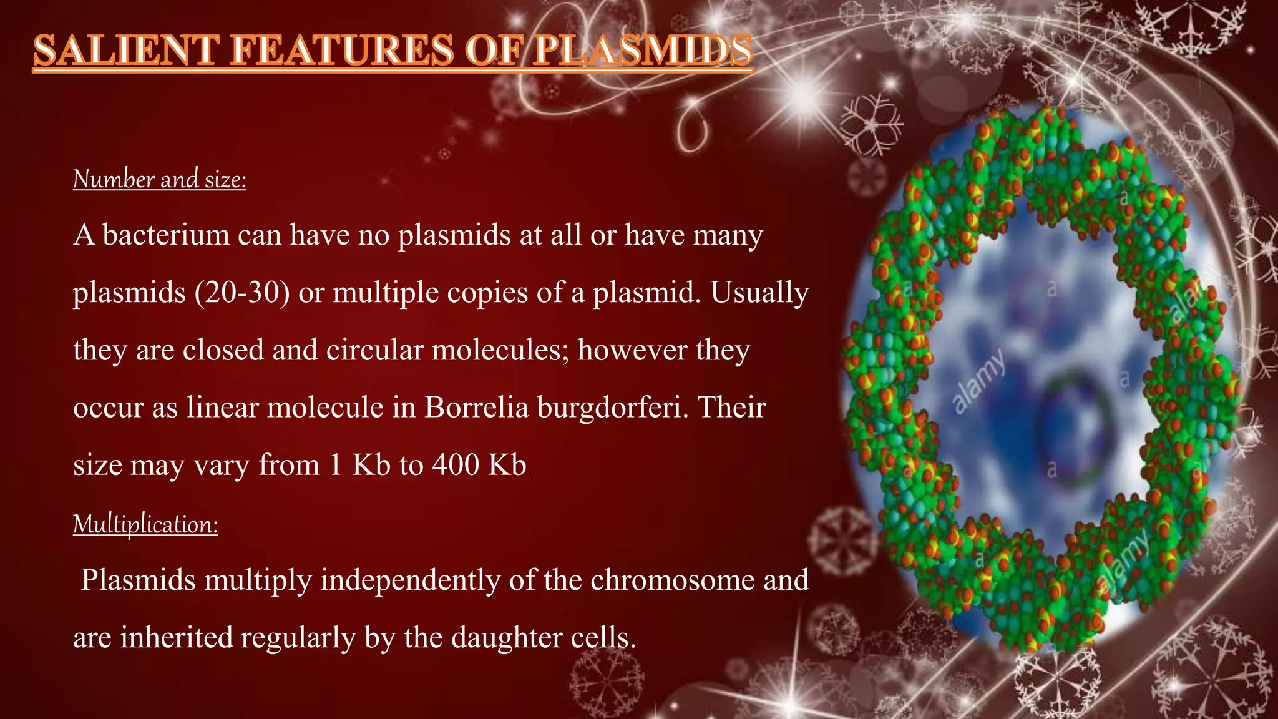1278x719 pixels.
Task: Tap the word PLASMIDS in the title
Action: point(643,51)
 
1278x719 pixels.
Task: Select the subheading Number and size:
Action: point(160,180)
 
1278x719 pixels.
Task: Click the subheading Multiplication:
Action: point(145,524)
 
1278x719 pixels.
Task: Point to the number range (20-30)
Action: point(242,292)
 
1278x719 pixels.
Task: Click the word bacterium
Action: point(166,235)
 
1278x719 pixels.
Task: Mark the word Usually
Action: point(759,293)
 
